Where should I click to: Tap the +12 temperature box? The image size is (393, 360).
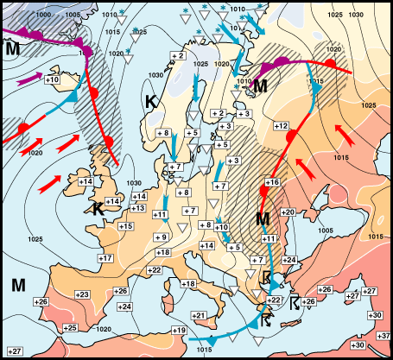(280, 126)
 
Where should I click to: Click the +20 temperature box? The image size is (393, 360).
(288, 212)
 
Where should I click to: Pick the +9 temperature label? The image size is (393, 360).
(160, 237)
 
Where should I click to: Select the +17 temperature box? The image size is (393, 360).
(105, 258)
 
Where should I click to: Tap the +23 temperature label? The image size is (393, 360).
(83, 294)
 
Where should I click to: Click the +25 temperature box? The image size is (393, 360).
(71, 327)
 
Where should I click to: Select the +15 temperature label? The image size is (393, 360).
(126, 225)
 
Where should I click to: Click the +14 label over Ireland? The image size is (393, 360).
(86, 181)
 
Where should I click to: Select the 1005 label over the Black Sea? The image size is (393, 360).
(325, 231)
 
